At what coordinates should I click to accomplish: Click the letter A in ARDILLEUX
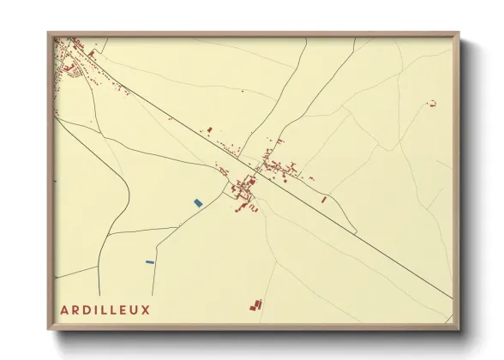[64, 309]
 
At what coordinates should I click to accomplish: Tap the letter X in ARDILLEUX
[146, 309]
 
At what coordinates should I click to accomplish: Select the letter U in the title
[135, 309]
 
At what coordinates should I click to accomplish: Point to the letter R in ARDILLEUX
[75, 309]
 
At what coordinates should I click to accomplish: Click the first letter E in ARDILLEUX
[123, 309]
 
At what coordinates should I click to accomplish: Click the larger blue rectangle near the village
[198, 202]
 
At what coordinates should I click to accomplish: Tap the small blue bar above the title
[149, 261]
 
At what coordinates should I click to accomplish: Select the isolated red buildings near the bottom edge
[255, 303]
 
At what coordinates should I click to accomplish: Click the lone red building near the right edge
[432, 104]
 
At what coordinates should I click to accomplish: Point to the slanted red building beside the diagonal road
[324, 199]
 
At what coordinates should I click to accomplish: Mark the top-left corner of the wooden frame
[50, 34]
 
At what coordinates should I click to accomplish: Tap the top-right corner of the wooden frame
[459, 34]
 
